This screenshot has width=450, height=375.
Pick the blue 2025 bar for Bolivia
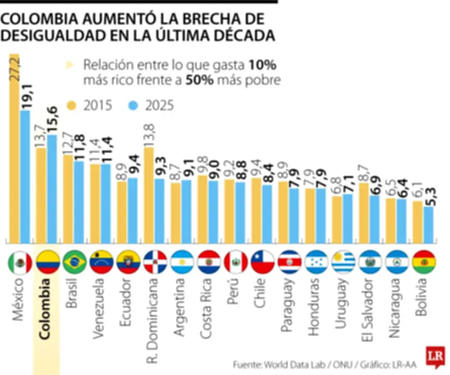[429, 222]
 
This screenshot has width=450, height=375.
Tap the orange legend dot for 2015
[71, 105]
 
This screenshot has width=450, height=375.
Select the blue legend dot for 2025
[133, 105]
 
